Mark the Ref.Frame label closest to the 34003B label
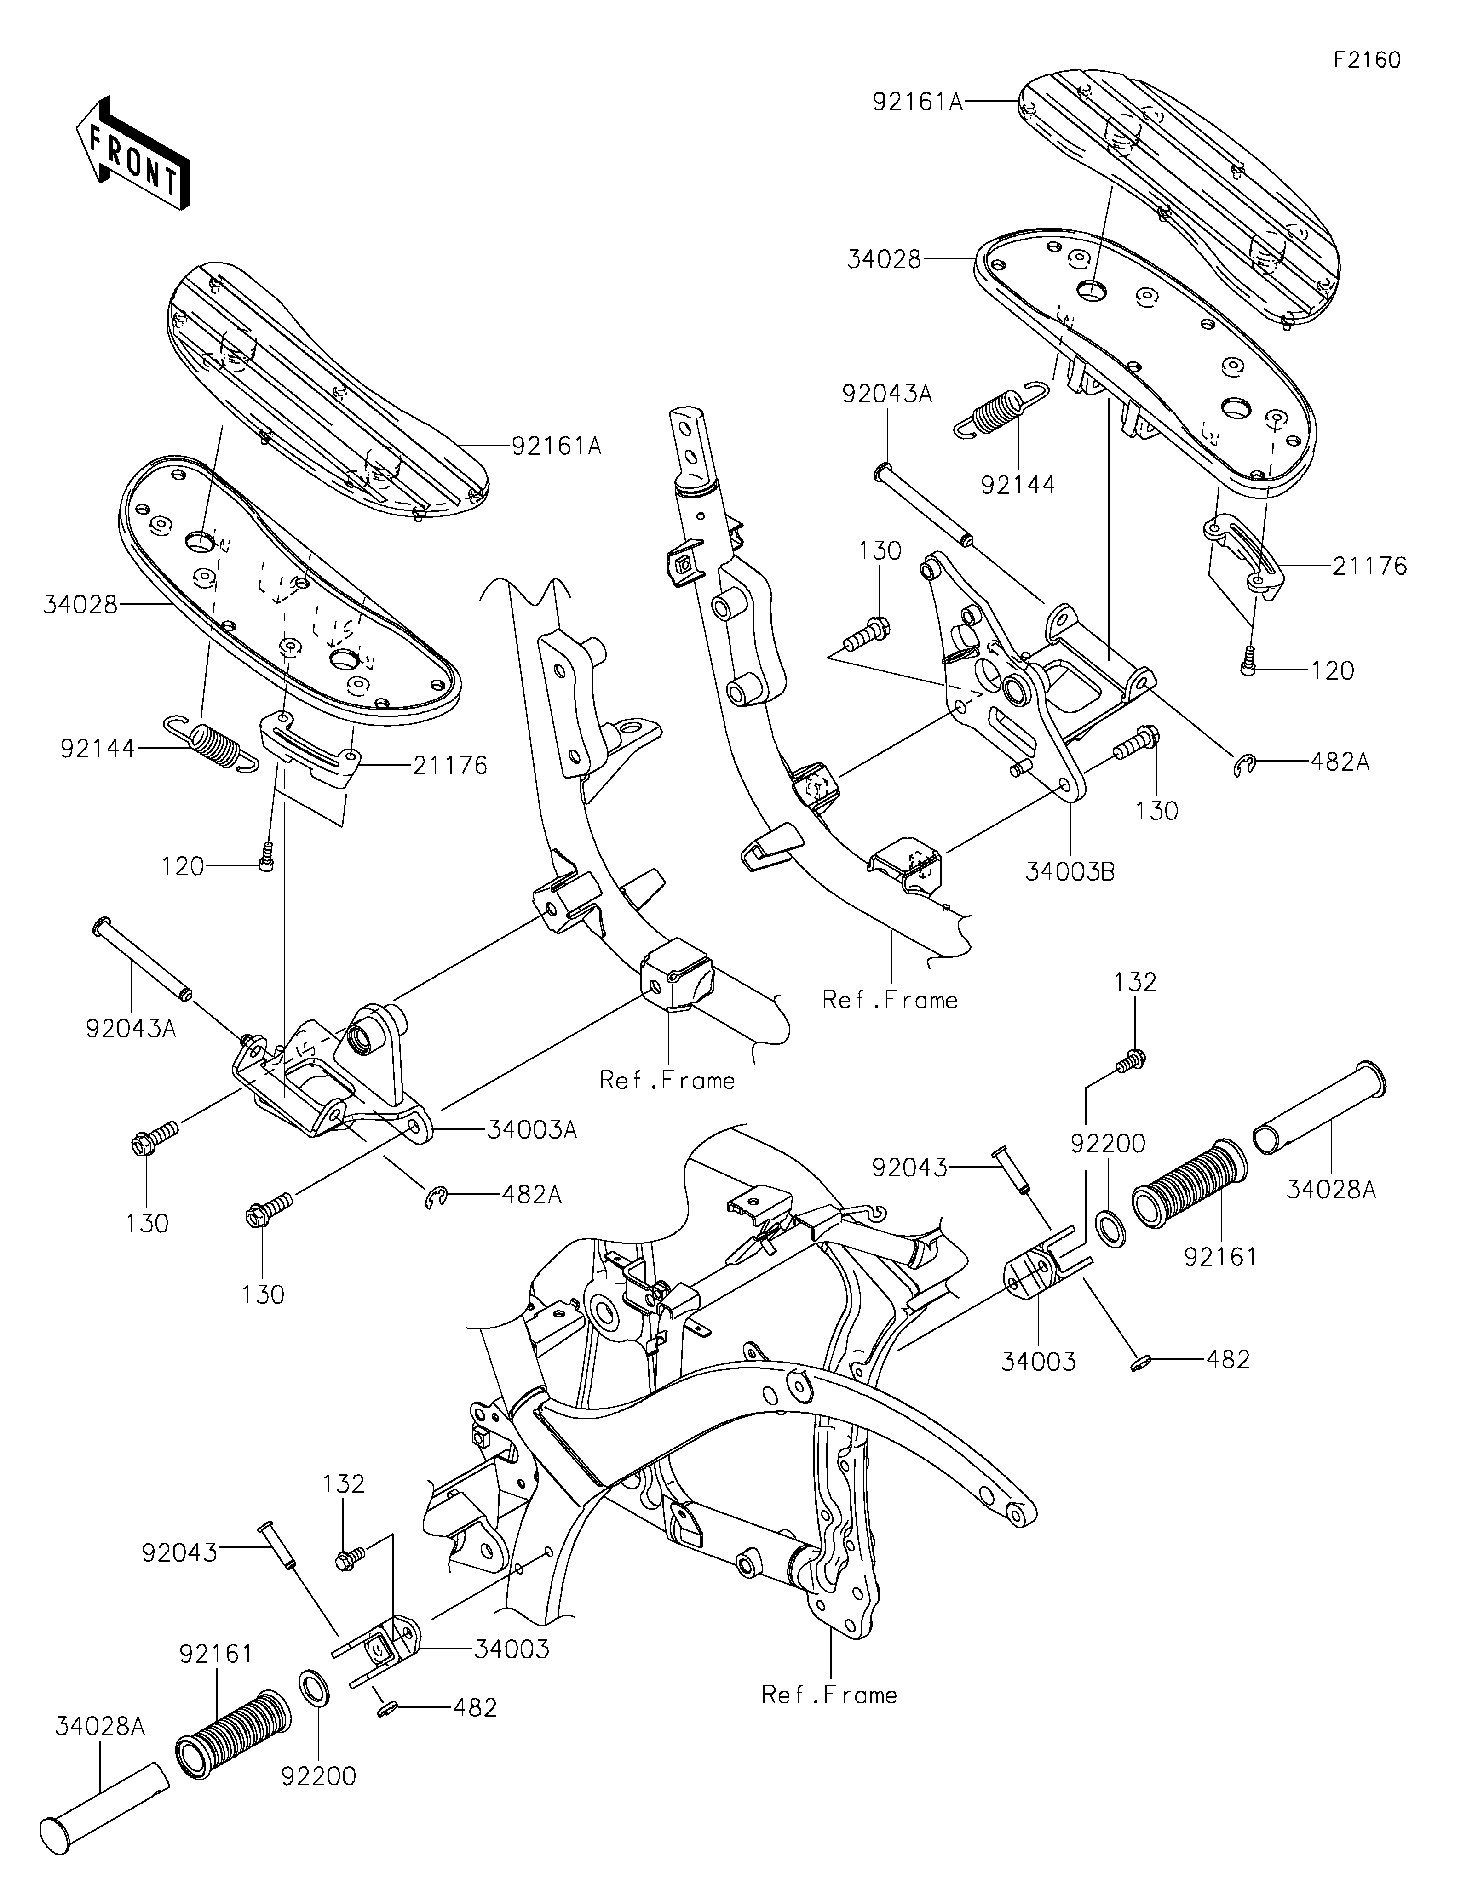[890, 1000]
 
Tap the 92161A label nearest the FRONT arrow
[556, 447]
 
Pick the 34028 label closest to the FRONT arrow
[80, 604]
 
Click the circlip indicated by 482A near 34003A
[436, 1200]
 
